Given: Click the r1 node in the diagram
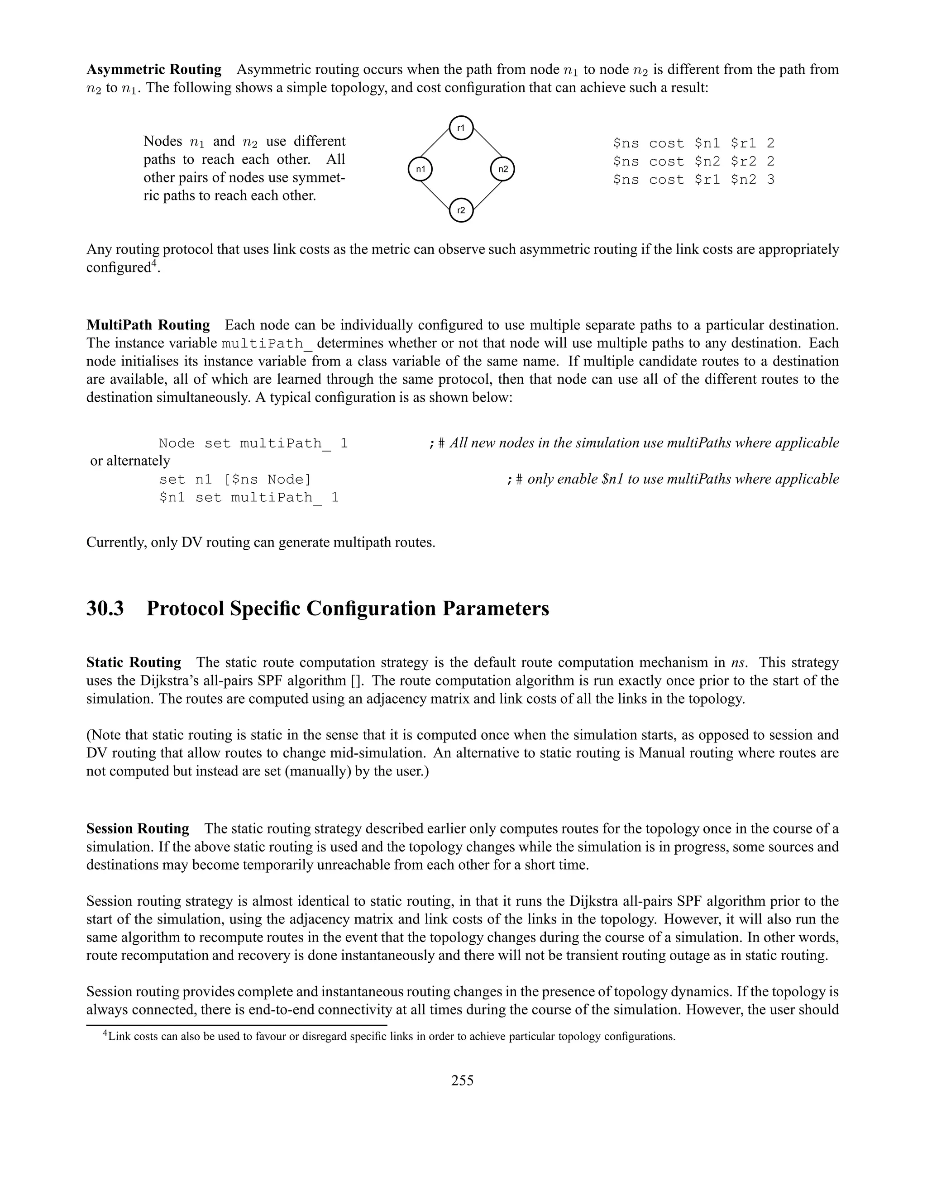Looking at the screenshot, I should tap(461, 128).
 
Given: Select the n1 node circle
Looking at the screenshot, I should tap(420, 169).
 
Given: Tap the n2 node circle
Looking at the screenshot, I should tap(502, 169).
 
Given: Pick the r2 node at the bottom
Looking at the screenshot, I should tap(461, 210).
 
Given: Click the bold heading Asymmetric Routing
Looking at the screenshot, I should tap(154, 70).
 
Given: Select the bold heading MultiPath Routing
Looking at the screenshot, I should tap(148, 325).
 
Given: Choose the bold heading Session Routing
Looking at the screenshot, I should tap(137, 828).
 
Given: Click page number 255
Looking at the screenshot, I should tap(463, 1080).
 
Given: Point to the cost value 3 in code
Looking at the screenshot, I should tap(770, 180).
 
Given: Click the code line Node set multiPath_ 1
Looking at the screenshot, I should tap(253, 443).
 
